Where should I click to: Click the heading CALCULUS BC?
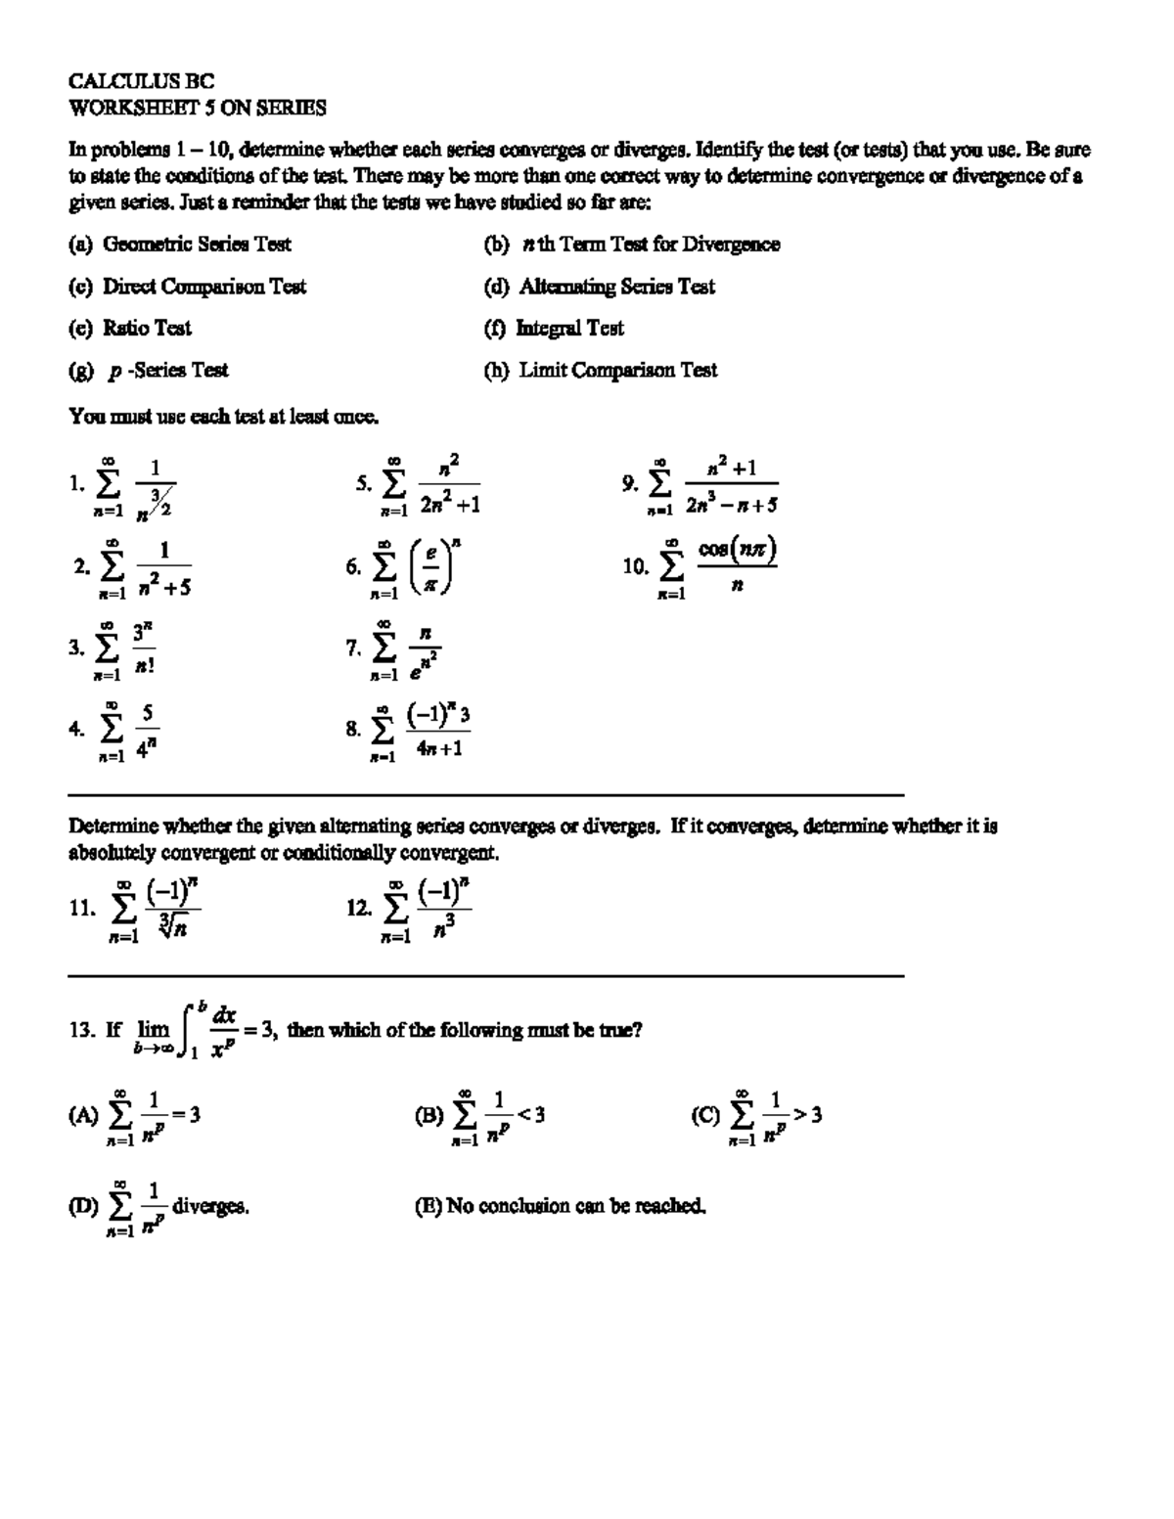click(141, 81)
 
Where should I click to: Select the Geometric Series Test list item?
click(180, 245)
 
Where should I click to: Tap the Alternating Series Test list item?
click(600, 287)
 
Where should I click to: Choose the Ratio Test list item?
click(130, 329)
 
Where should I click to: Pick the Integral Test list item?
click(554, 329)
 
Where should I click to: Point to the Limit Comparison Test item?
click(601, 371)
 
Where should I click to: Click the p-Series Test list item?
click(149, 371)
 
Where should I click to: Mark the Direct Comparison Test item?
click(187, 287)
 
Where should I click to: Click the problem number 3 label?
click(76, 648)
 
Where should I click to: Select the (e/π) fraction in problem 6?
click(429, 568)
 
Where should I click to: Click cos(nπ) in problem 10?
click(738, 550)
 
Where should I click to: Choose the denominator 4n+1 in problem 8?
click(439, 749)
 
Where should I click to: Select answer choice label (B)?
click(429, 1115)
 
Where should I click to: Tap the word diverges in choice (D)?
click(210, 1207)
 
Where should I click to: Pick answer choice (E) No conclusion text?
click(561, 1206)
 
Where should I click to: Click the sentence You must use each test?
click(223, 418)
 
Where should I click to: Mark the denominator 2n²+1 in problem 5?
click(449, 505)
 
